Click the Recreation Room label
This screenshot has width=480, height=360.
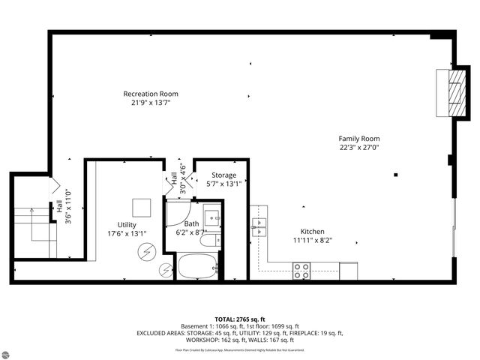(x=151, y=94)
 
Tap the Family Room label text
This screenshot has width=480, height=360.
(x=358, y=139)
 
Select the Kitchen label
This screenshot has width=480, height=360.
(x=312, y=231)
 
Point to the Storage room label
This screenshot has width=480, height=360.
(x=223, y=175)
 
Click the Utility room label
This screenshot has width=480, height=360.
(x=127, y=224)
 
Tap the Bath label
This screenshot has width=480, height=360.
(x=192, y=223)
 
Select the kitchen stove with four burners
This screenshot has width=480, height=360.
(x=301, y=271)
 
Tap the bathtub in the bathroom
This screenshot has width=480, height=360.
(x=197, y=266)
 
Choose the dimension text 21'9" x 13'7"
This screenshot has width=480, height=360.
(x=151, y=103)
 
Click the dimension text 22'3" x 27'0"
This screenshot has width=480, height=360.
(x=358, y=148)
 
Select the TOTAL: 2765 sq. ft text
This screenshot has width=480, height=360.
(x=239, y=319)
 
